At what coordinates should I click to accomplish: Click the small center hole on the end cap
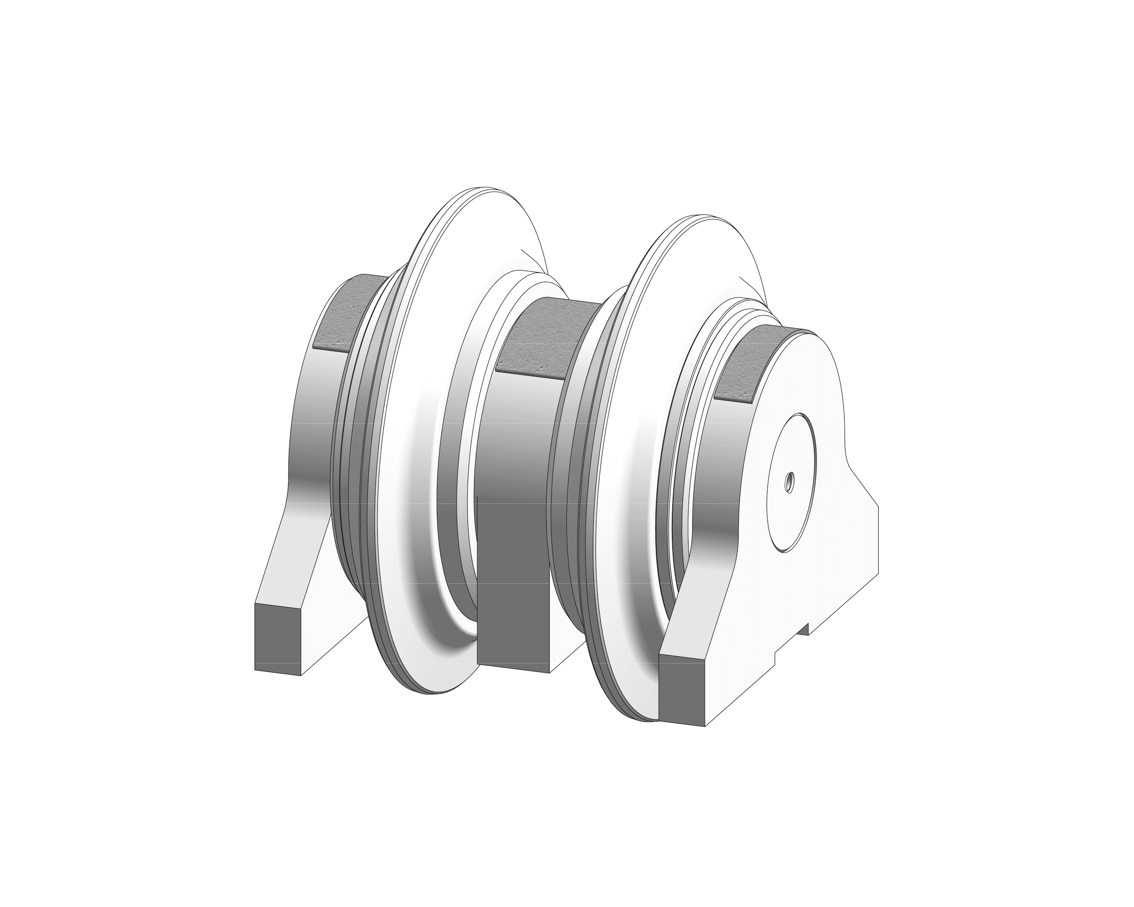[789, 482]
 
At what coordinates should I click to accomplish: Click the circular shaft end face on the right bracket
[792, 505]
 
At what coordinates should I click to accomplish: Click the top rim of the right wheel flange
[694, 217]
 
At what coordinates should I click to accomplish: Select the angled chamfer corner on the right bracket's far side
[865, 486]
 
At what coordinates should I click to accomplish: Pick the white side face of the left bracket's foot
[326, 631]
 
